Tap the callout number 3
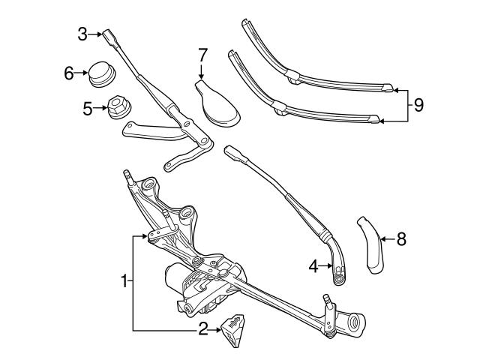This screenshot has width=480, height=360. click(82, 33)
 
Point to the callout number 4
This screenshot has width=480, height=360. click(312, 265)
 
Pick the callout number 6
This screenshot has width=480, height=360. click(69, 73)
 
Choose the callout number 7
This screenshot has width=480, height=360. click(202, 55)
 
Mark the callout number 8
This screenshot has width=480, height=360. click(401, 239)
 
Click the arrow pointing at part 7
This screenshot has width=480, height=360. click(202, 72)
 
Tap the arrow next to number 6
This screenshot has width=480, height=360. click(80, 73)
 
